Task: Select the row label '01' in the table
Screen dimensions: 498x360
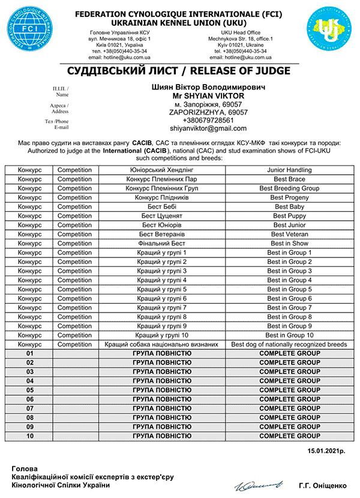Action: coord(29,353)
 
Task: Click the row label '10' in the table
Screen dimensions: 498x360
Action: coord(29,436)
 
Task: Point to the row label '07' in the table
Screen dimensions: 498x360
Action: coord(29,409)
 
